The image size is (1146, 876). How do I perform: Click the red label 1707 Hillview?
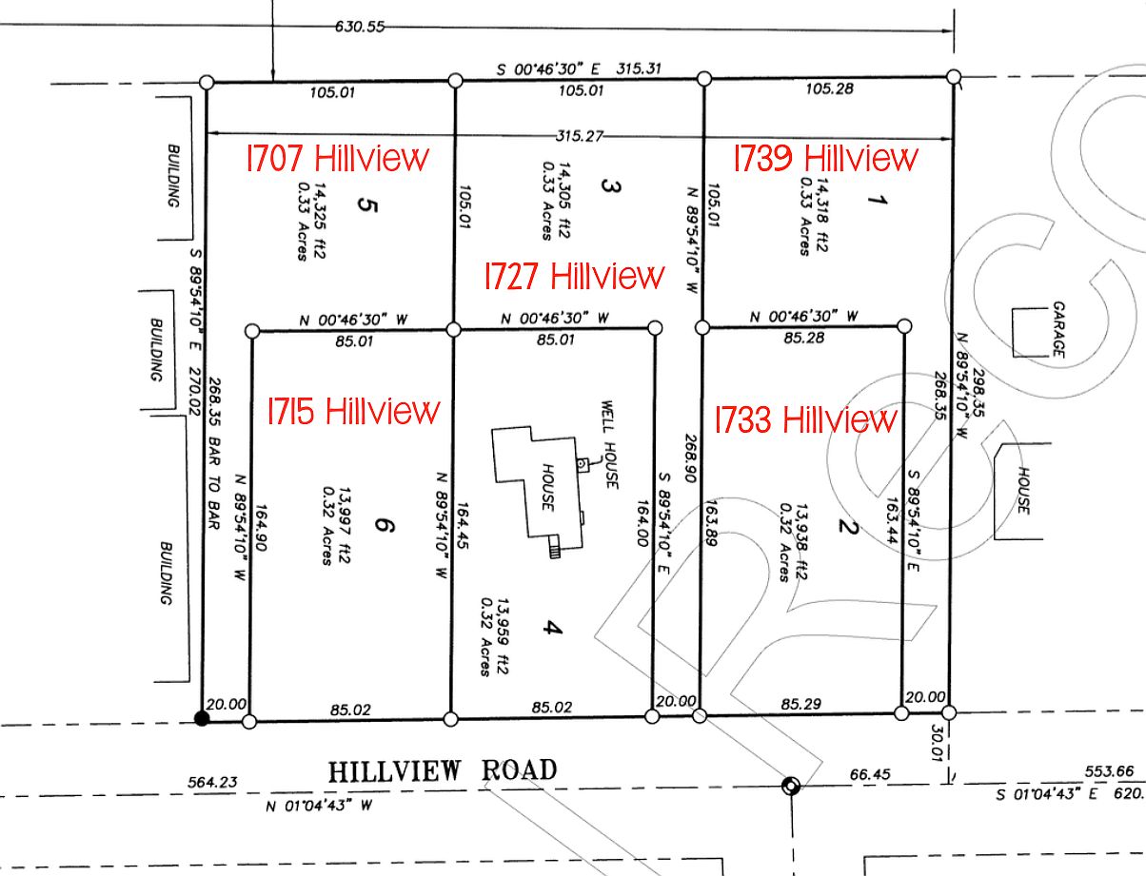click(338, 157)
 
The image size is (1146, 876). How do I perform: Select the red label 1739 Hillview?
click(825, 157)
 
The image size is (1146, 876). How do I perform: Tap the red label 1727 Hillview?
click(574, 276)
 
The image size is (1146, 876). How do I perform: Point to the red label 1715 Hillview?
click(354, 411)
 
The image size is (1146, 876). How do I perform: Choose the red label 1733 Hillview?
click(805, 419)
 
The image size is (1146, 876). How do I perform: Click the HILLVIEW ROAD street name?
click(443, 769)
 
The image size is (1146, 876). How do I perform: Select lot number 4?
click(554, 630)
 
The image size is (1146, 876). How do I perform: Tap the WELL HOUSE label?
click(608, 446)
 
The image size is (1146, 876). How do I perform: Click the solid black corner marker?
click(202, 718)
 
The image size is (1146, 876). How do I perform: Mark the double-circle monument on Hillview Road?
click(789, 785)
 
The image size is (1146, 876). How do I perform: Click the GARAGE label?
click(1057, 331)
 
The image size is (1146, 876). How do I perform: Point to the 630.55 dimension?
click(360, 27)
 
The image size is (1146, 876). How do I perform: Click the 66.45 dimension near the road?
click(867, 774)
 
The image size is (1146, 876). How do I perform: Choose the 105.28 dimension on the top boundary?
click(829, 89)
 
